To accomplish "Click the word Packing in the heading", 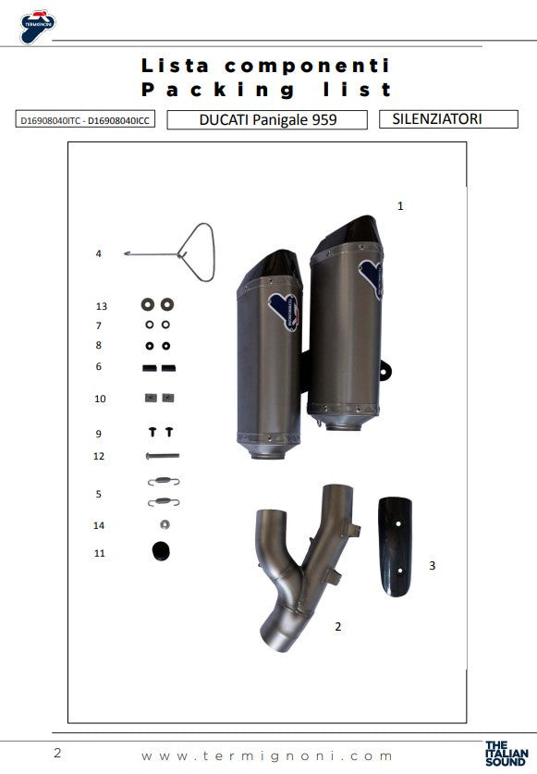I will coord(218,90).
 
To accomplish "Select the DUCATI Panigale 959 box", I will coord(268,119).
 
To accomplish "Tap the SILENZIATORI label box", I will coord(436,118).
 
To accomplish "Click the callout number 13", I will coord(102,306).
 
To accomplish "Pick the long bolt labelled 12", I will coord(161,456).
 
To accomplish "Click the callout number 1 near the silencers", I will coord(400,206).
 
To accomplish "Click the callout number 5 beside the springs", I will coord(99,495).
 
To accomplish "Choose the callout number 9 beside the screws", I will coord(99,434).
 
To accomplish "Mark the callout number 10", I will coord(100,399).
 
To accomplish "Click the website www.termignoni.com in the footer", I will coord(268,755).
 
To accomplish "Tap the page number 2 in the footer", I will coord(57,753).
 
